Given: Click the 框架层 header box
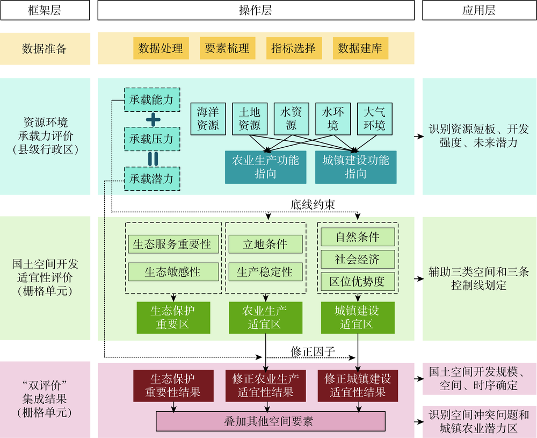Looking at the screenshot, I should coord(45,11).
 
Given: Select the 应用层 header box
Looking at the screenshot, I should coord(478,11).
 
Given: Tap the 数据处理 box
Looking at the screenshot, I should coord(161,48).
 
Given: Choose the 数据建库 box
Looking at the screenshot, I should coord(360,48).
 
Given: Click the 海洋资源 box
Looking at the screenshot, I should coord(208,119).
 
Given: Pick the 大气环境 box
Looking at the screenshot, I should coord(374,119).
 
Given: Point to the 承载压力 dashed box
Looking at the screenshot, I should coord(151,139).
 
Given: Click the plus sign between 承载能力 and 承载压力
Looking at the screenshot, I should coord(153,119).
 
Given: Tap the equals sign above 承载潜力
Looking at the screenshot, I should coord(153,159).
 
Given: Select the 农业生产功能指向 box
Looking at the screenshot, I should coord(265,167).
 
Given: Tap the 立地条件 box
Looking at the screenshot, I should coord(265,244).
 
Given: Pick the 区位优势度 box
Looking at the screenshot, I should coord(357,281).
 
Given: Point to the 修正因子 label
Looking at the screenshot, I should coord(313,351).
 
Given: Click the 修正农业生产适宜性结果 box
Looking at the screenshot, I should coord(265,385).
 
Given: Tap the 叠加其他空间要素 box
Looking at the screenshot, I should coord(270,421).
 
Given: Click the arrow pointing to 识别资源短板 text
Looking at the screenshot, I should coord(418,136).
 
